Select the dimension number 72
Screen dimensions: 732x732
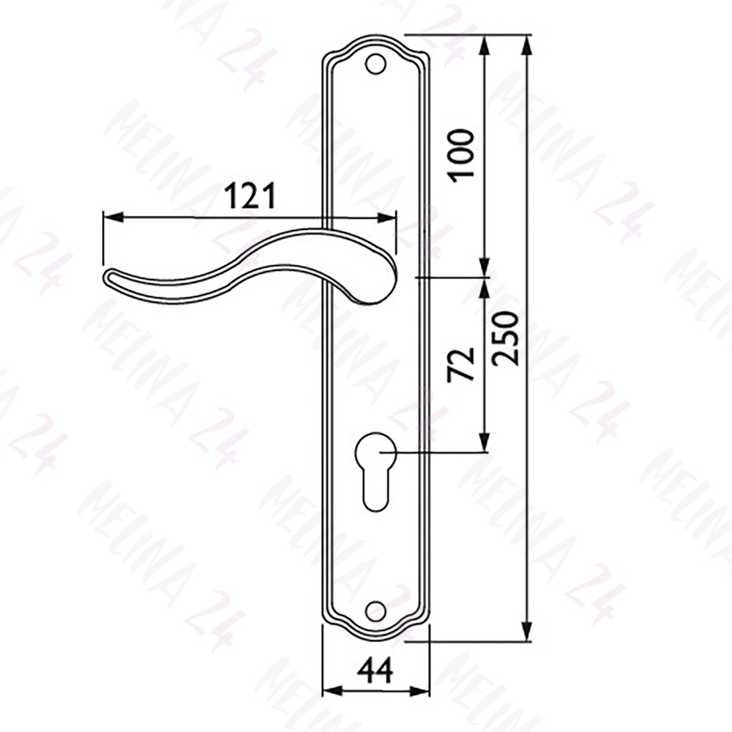click(461, 365)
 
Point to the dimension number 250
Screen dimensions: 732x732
click(505, 338)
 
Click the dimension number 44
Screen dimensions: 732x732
click(376, 671)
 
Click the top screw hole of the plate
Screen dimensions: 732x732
click(376, 64)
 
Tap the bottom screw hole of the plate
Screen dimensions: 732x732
click(376, 610)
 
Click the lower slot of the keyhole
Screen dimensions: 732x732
click(376, 490)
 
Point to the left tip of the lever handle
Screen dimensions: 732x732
click(105, 277)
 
